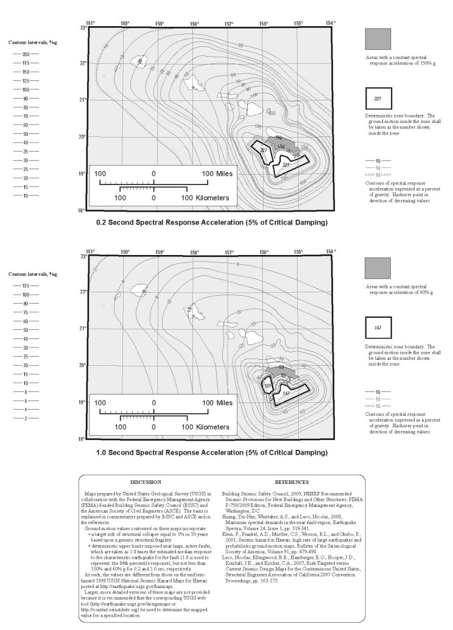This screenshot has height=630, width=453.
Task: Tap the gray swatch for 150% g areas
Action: (x=377, y=39)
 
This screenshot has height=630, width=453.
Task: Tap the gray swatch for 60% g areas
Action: (x=377, y=268)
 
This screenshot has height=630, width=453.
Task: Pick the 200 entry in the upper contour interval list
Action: (x=26, y=54)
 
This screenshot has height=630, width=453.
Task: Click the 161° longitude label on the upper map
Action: (x=91, y=23)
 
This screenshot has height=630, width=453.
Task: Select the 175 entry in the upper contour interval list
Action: (x=26, y=63)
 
